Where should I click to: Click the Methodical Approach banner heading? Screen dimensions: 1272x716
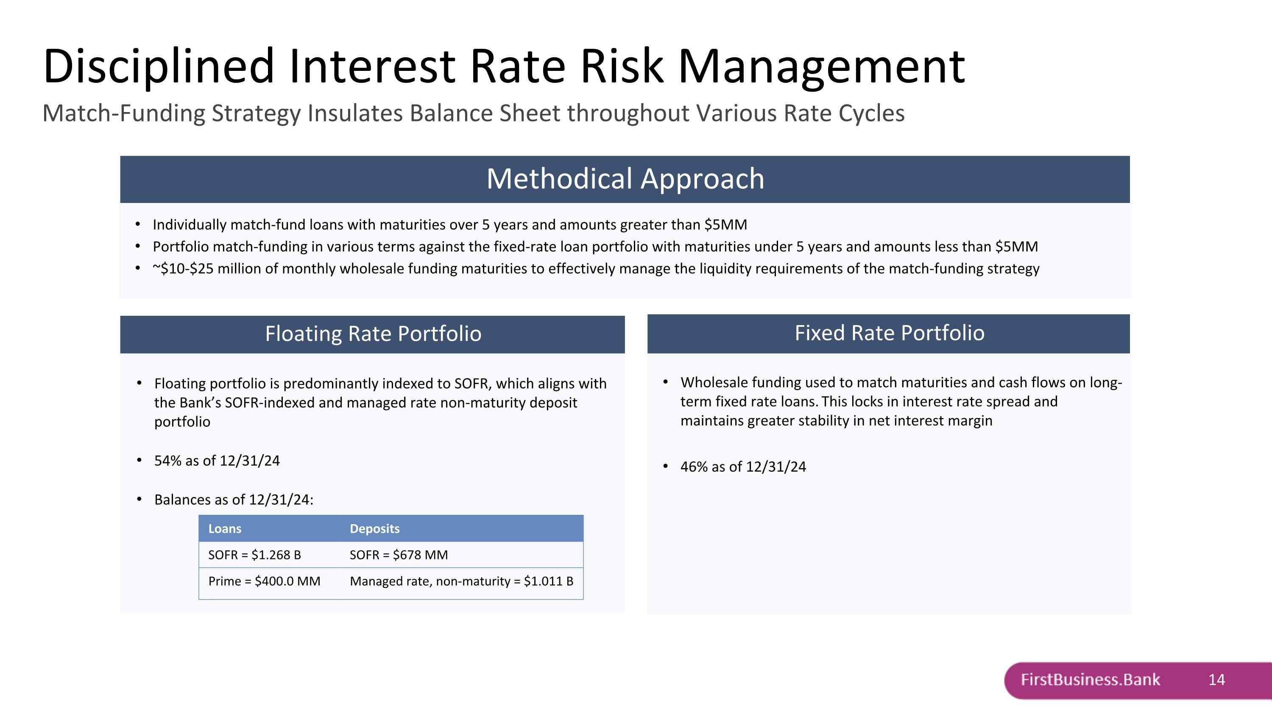click(625, 178)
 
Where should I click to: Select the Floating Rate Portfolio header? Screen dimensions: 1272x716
click(373, 334)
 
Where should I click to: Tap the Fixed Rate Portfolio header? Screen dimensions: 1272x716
click(889, 333)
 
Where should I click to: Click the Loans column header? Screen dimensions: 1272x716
click(225, 529)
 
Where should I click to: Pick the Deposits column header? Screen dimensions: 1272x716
click(375, 529)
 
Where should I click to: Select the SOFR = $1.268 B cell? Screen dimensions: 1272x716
click(254, 555)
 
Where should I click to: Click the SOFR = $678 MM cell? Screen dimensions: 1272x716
click(399, 555)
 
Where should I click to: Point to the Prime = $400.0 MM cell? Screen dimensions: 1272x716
click(264, 581)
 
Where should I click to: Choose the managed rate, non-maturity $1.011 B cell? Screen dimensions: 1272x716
click(461, 581)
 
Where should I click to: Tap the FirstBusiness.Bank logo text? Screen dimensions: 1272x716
click(1090, 680)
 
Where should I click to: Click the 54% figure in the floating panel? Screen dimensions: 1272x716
click(168, 460)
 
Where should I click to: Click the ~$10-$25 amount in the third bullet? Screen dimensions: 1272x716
click(183, 269)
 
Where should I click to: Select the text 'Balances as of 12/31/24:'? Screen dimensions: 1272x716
click(234, 500)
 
